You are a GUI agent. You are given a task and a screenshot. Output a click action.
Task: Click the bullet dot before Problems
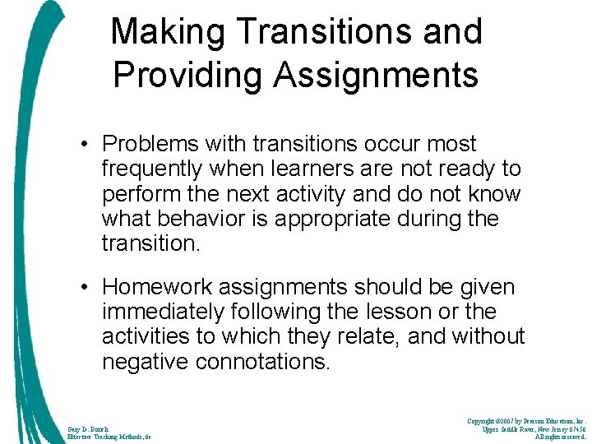pyautogui.click(x=85, y=145)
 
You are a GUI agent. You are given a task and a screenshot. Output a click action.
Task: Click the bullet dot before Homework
pyautogui.click(x=85, y=288)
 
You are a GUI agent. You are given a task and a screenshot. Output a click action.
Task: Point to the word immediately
pyautogui.click(x=162, y=312)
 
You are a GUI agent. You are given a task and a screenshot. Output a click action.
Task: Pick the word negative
pyautogui.click(x=144, y=362)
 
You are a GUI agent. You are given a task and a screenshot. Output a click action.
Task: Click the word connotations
pyautogui.click(x=262, y=362)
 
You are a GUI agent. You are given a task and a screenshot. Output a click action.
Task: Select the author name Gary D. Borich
pyautogui.click(x=88, y=428)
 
